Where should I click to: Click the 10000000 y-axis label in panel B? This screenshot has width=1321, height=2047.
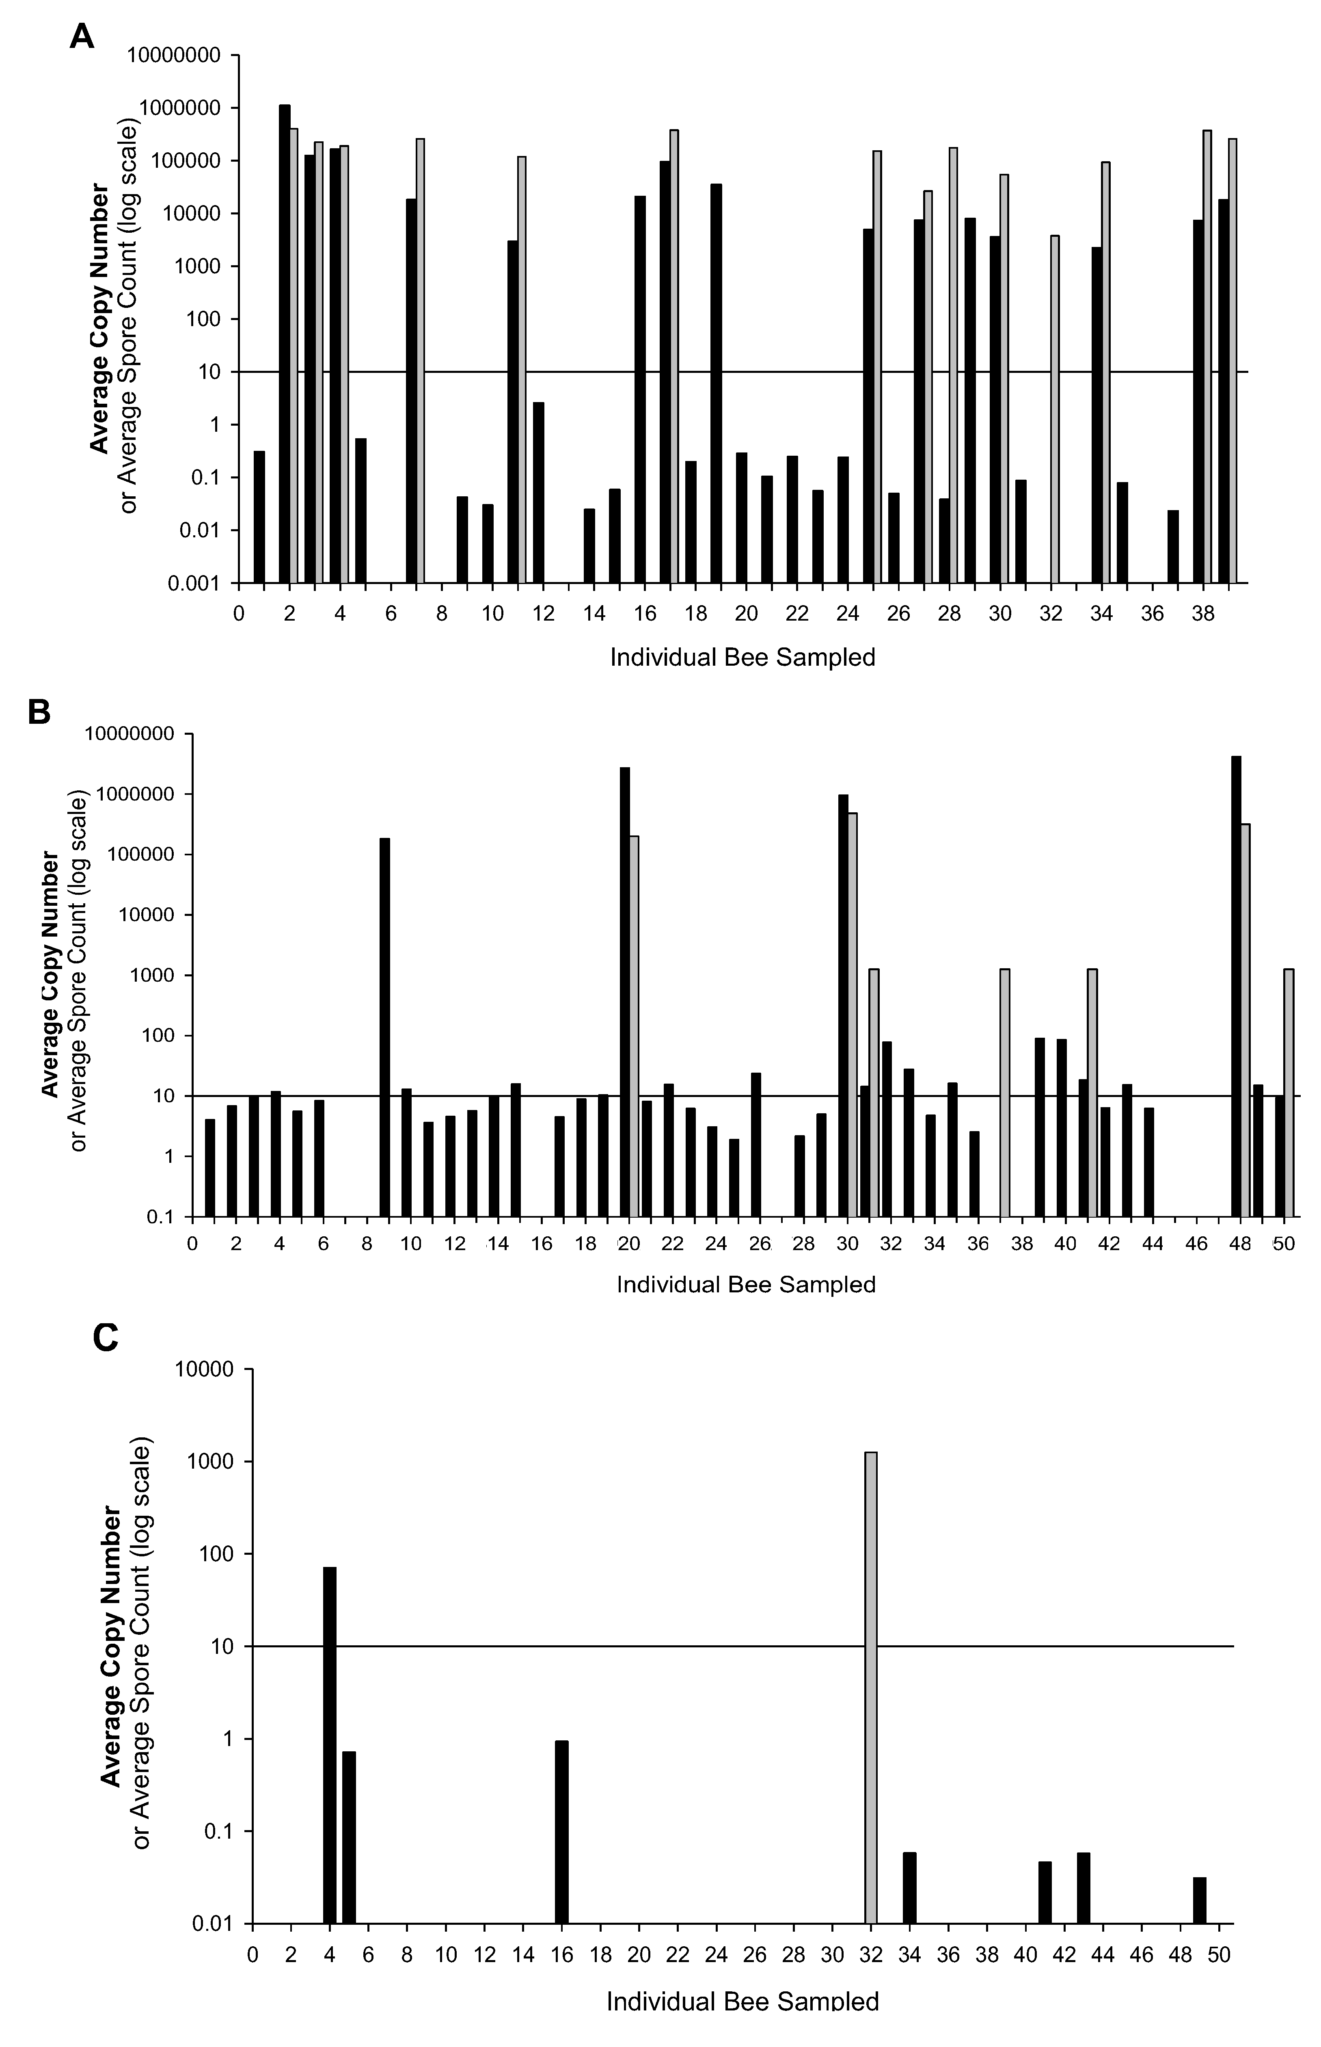click(x=126, y=734)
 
